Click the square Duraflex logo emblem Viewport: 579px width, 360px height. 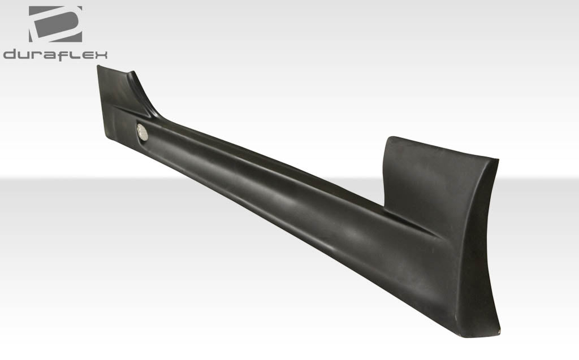pos(55,24)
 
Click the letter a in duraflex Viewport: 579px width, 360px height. pos(50,55)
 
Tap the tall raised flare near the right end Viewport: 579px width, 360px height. pos(435,175)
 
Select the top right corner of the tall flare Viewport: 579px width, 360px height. pos(498,159)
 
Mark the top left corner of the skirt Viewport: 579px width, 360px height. pos(98,66)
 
